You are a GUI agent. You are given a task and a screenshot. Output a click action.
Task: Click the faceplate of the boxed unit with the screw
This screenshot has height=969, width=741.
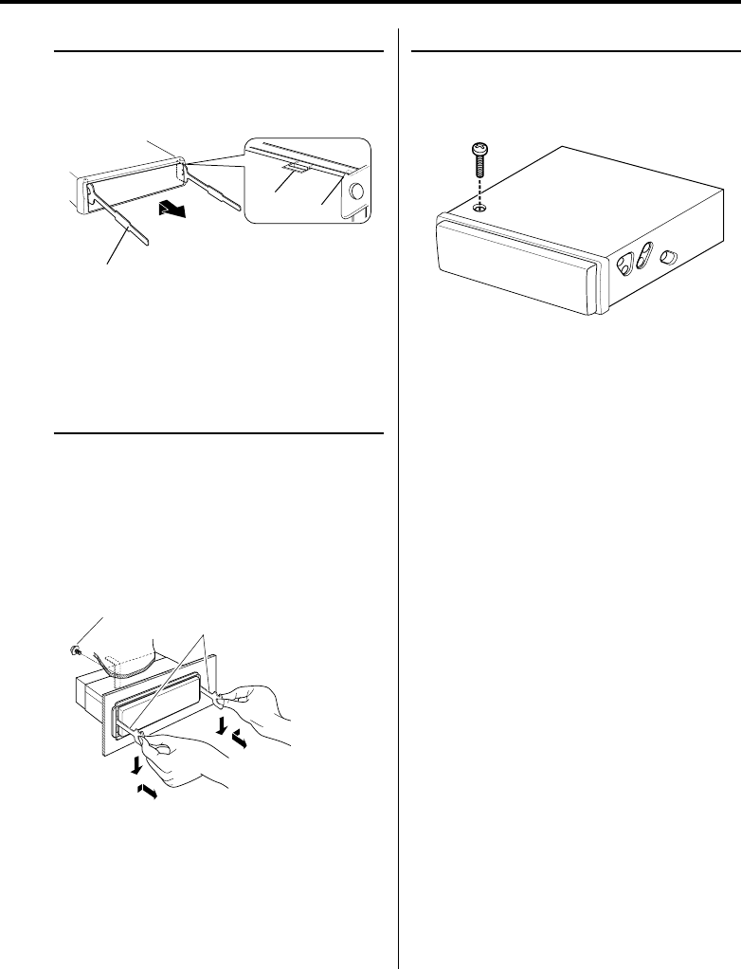[x=512, y=265]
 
